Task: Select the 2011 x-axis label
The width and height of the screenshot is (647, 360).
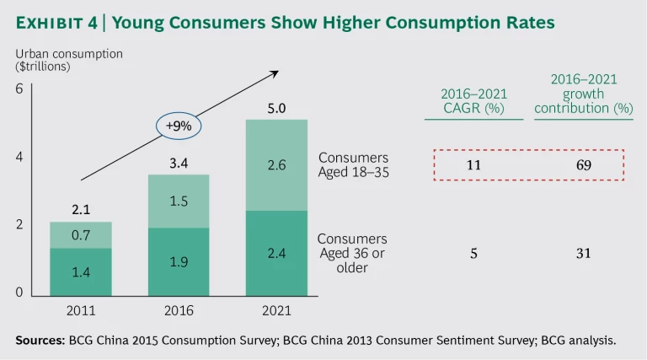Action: [82, 310]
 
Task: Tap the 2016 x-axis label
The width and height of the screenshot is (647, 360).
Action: [178, 310]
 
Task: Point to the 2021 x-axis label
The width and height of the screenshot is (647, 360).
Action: [276, 310]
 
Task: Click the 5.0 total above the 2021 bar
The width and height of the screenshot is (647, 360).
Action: [276, 107]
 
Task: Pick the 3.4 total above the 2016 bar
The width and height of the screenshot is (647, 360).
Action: [178, 162]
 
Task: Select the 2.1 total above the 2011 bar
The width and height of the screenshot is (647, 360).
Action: [81, 209]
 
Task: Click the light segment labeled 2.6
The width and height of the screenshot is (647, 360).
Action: [276, 165]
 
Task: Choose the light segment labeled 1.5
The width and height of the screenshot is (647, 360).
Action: [178, 201]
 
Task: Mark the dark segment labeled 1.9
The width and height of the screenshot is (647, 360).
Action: [178, 262]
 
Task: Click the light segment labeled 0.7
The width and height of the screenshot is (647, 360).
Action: [81, 235]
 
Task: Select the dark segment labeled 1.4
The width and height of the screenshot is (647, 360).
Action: [81, 271]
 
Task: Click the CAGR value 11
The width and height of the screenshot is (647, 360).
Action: [473, 165]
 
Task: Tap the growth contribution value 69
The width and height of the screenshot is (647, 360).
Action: [583, 165]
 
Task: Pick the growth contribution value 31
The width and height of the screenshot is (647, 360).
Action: [583, 252]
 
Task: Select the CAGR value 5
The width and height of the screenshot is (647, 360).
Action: [473, 252]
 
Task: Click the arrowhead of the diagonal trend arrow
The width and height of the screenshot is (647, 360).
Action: [275, 73]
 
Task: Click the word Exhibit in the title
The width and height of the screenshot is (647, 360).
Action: [53, 23]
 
